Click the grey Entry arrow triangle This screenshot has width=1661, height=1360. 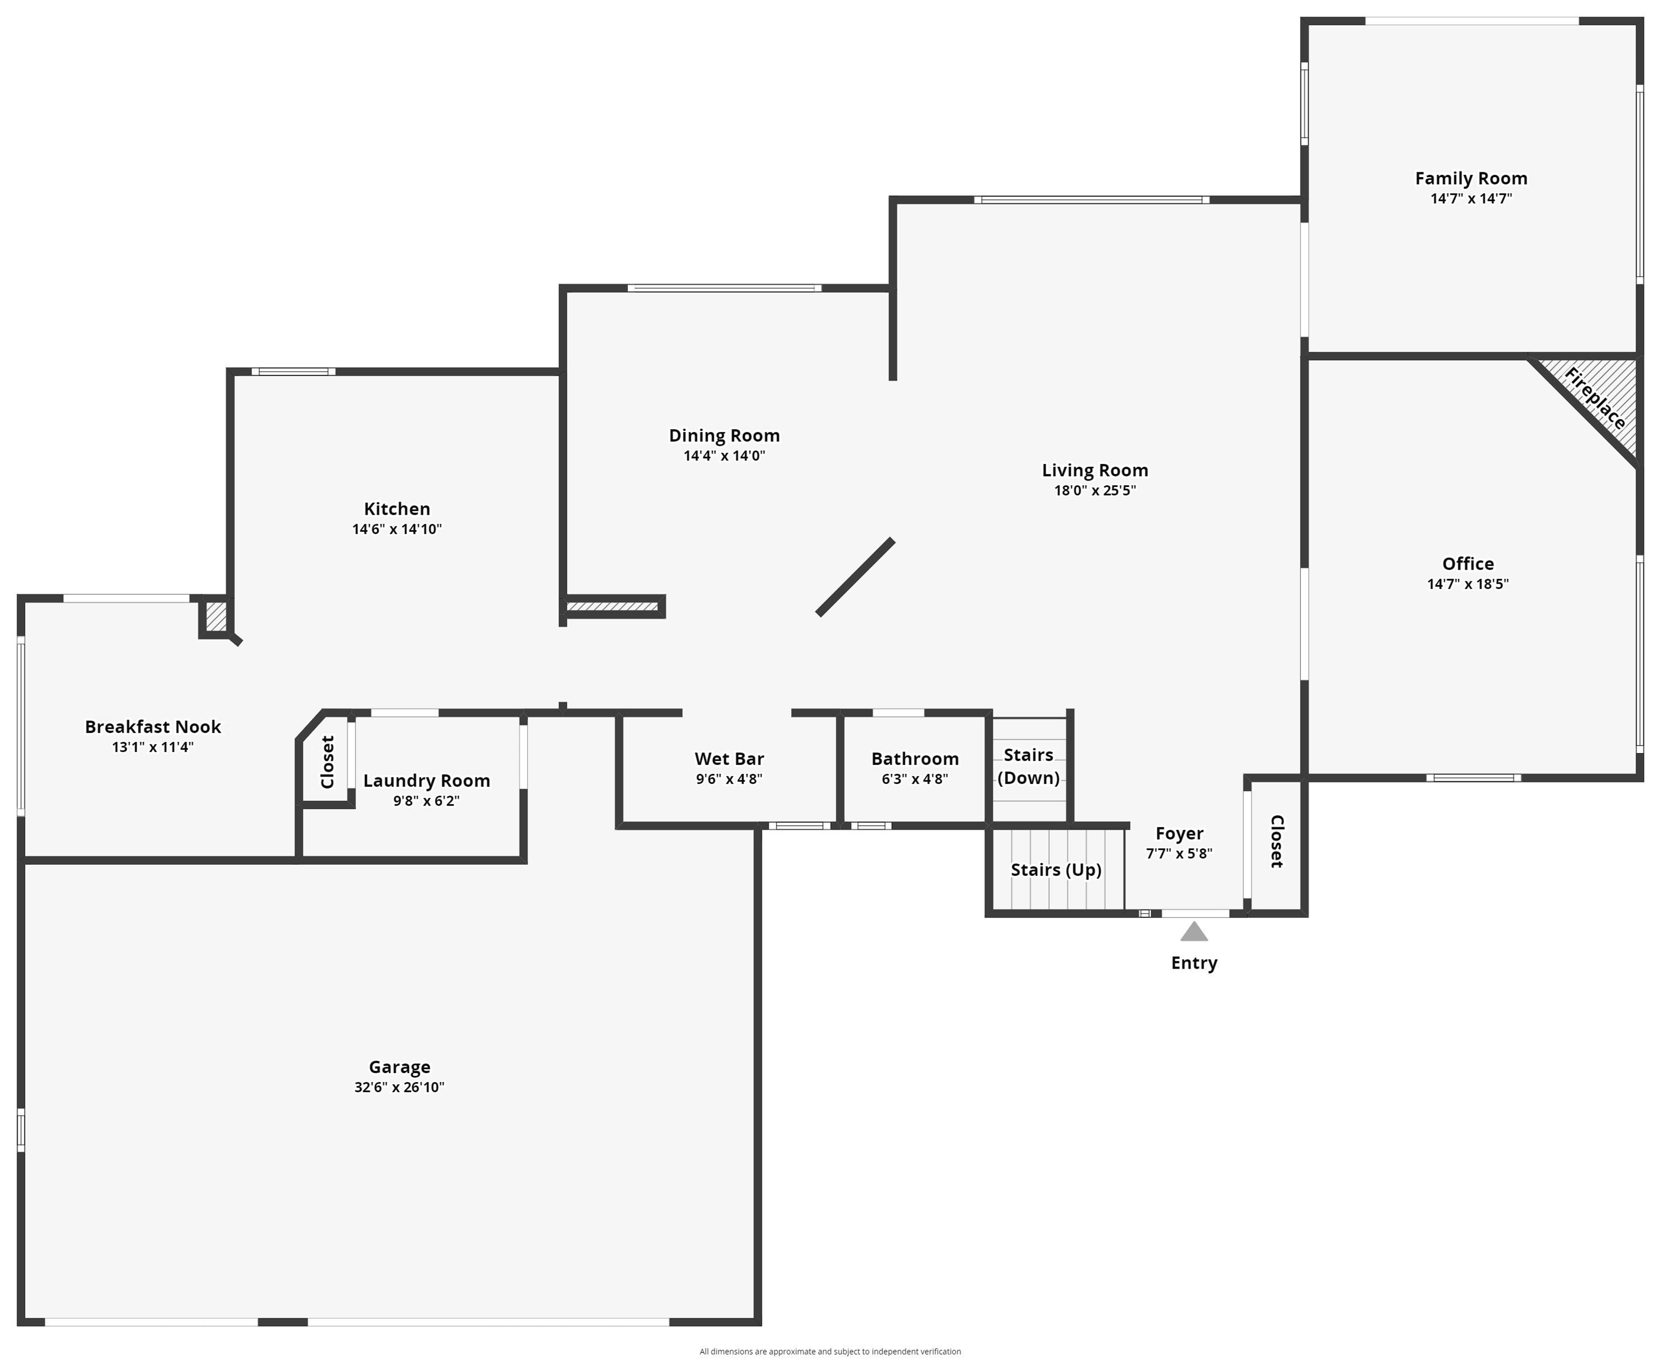[1193, 931]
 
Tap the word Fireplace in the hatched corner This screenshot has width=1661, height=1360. [1594, 399]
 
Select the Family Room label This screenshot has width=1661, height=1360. [1471, 179]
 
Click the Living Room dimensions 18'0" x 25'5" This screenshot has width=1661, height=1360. [1095, 491]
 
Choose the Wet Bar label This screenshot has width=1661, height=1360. [729, 759]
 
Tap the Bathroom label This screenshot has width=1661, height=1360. [914, 759]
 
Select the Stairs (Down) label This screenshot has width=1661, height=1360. [1028, 766]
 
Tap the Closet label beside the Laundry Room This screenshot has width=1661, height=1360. [328, 761]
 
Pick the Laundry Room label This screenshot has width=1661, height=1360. [426, 780]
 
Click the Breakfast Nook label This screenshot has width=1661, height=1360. [153, 727]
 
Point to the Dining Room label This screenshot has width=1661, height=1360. [724, 436]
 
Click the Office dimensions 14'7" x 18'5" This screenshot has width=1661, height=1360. [1467, 584]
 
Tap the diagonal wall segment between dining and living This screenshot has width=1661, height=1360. [855, 577]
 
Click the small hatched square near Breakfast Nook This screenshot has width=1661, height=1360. [216, 616]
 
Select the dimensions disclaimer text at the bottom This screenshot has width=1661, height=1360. [830, 1351]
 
